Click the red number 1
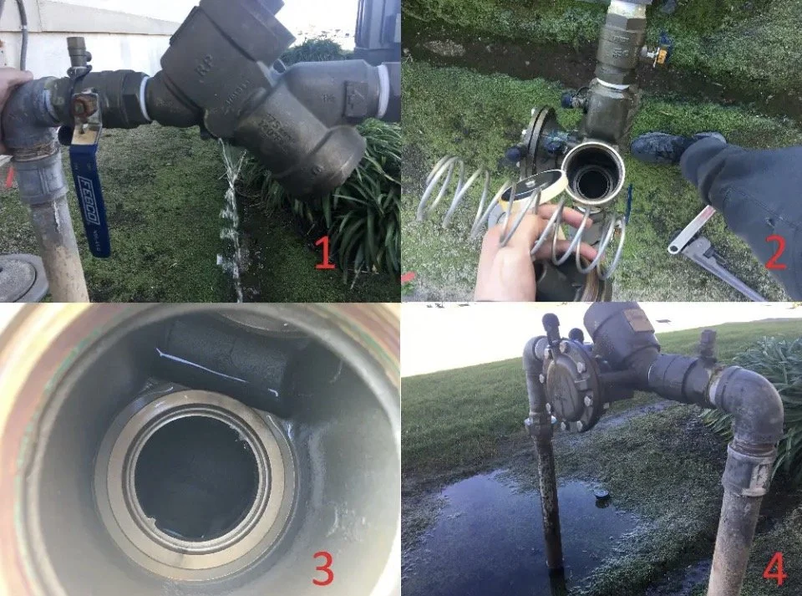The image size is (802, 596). click(324, 254)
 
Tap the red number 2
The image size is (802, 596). click(775, 252)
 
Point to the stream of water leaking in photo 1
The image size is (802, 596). click(231, 217)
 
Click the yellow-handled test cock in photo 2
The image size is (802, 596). click(659, 52)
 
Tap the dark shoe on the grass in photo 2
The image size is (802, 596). click(660, 146)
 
